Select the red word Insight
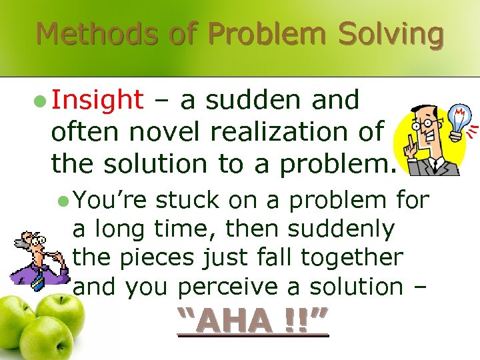97,100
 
